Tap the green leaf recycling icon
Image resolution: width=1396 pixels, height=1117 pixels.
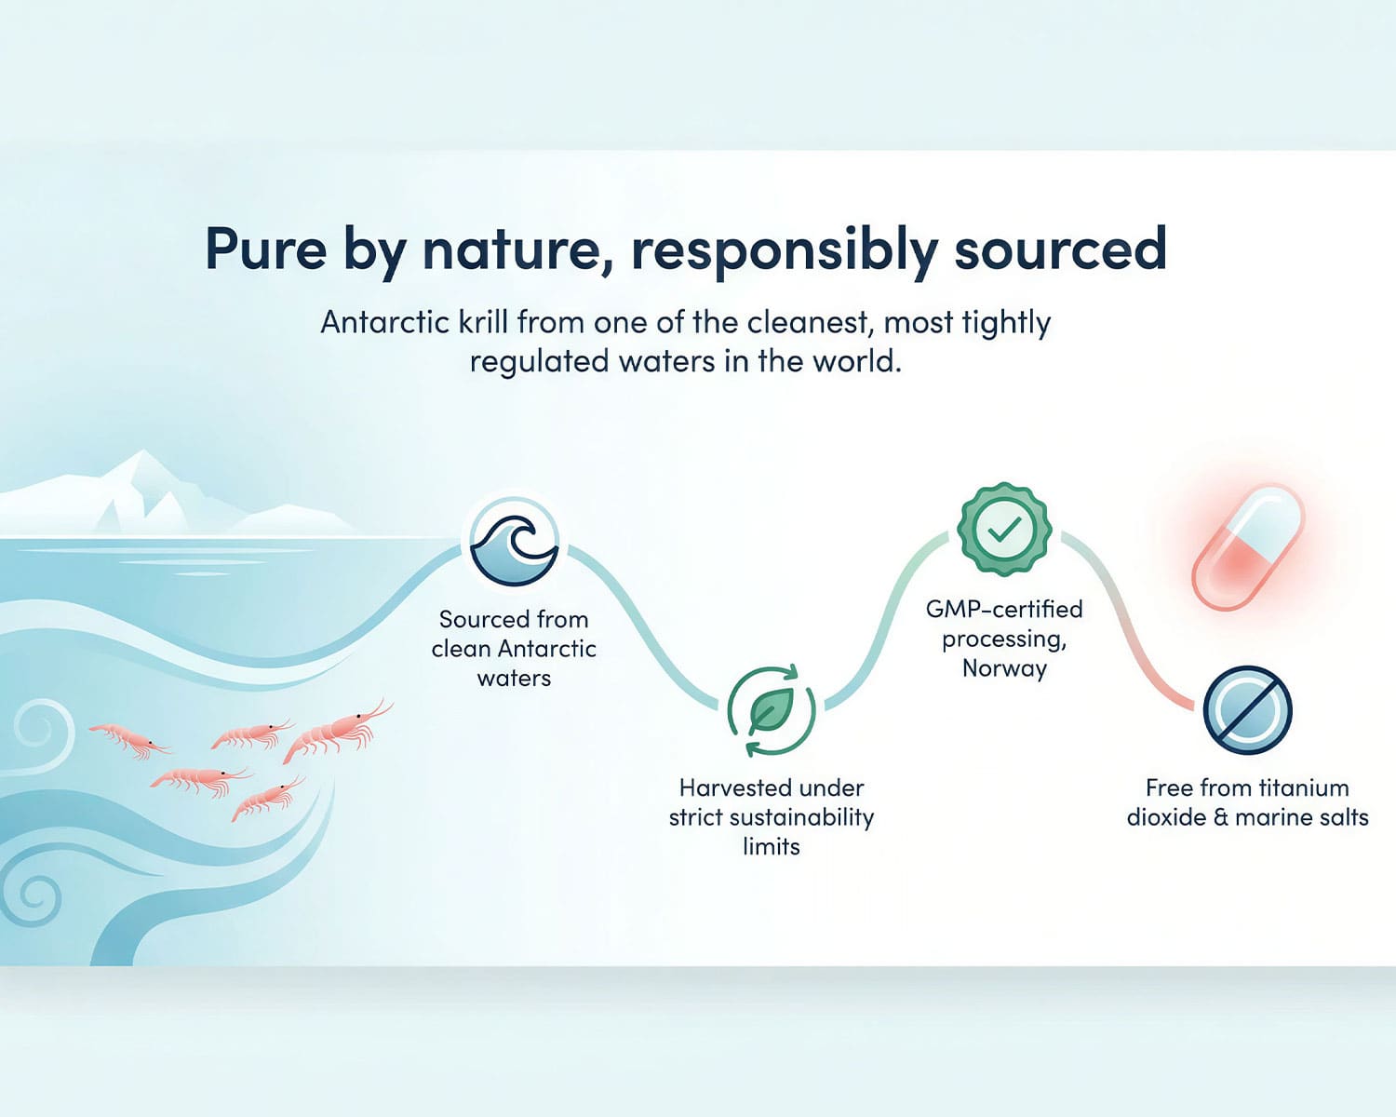click(x=772, y=711)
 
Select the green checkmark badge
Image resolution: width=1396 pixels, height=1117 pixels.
click(x=1004, y=529)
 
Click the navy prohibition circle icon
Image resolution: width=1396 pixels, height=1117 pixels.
click(x=1247, y=710)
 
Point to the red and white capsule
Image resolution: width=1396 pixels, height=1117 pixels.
click(x=1247, y=548)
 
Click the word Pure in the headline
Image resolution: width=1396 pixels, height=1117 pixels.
click(x=266, y=249)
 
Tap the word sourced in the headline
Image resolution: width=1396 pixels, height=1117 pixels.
click(x=1060, y=249)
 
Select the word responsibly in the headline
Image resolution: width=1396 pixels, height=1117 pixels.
click(x=784, y=253)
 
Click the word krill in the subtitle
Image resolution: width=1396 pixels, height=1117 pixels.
click(x=480, y=322)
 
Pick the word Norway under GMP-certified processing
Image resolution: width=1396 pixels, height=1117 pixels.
click(x=1004, y=668)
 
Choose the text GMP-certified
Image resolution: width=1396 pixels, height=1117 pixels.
click(x=1004, y=610)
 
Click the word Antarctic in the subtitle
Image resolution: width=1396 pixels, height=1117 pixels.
click(x=385, y=322)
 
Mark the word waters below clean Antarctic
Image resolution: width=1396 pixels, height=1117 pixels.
click(x=514, y=679)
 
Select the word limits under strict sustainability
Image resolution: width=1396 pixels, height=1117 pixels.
click(x=772, y=846)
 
